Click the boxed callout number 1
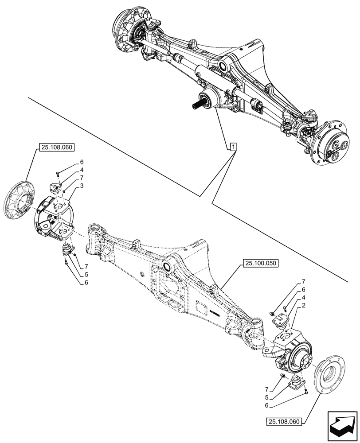[x=233, y=147]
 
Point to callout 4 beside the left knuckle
[x=82, y=170]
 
